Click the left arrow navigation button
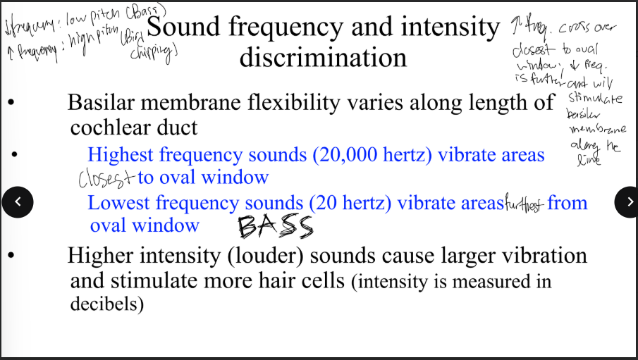tap(18, 202)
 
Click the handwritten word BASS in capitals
tap(275, 227)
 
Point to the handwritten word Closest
tap(106, 179)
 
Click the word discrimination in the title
tap(323, 57)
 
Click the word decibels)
tap(106, 304)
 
